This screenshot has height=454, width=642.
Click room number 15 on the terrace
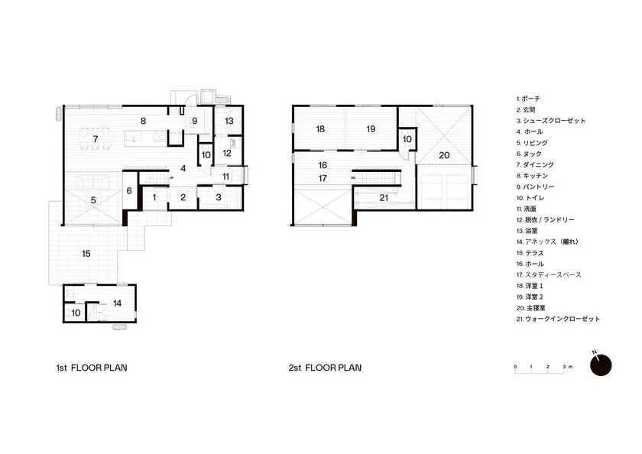point(86,254)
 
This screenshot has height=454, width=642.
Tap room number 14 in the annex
point(118,303)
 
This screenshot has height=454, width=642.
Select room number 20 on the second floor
point(444,156)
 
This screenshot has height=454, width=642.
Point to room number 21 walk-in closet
point(384,198)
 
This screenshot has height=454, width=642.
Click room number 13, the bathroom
point(229,122)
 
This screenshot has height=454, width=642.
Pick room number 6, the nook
point(129,191)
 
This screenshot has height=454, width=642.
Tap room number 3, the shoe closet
point(219,197)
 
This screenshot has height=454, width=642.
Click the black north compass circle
point(601,365)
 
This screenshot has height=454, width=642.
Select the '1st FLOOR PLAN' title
point(92,368)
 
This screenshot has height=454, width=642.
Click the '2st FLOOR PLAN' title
point(325,368)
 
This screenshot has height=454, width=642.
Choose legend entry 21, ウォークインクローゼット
point(558,319)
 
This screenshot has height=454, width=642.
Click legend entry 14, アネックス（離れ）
point(548,242)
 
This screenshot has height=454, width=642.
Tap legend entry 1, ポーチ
point(528,99)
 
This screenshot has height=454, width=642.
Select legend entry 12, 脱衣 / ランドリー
point(546,220)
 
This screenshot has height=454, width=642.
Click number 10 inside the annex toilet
point(76,313)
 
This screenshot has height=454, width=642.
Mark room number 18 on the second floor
point(320,129)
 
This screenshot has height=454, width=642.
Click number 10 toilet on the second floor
point(407,139)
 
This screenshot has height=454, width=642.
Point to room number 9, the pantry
point(195,122)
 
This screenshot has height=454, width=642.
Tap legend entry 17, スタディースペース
point(549,275)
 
